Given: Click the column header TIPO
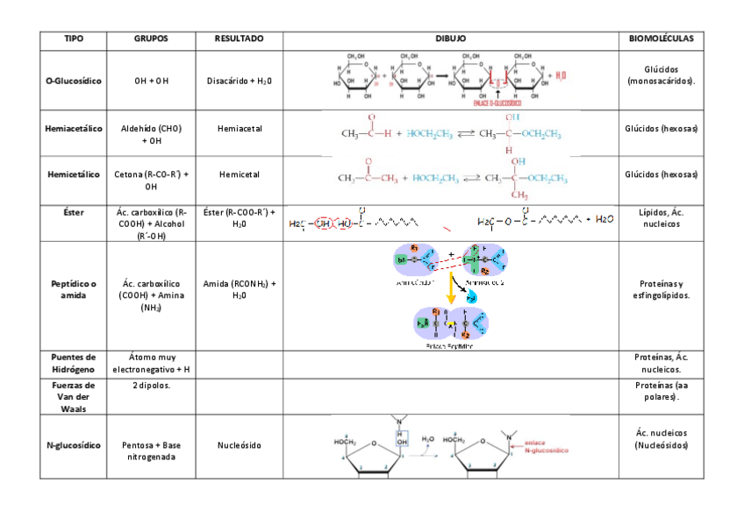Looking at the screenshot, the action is coord(74,39).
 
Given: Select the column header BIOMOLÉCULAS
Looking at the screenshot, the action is coord(662,39).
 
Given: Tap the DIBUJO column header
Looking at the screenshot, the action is coord(451,39).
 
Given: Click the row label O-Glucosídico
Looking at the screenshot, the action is coord(74,81).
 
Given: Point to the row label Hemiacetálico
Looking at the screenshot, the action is coord(74,129).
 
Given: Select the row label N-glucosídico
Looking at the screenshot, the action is coord(74,445).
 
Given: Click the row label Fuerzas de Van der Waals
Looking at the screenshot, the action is coord(74,396).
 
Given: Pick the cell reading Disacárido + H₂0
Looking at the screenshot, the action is coord(240,81).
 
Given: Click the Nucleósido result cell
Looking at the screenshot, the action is coord(240,445).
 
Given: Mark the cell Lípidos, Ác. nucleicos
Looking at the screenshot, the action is coord(662,218).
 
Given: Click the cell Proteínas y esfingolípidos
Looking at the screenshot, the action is coord(662,289).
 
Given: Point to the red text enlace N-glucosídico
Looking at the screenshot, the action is coord(547,445).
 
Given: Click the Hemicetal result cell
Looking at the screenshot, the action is coord(240,174).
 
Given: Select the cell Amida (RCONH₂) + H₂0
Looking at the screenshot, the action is coord(240,289).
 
